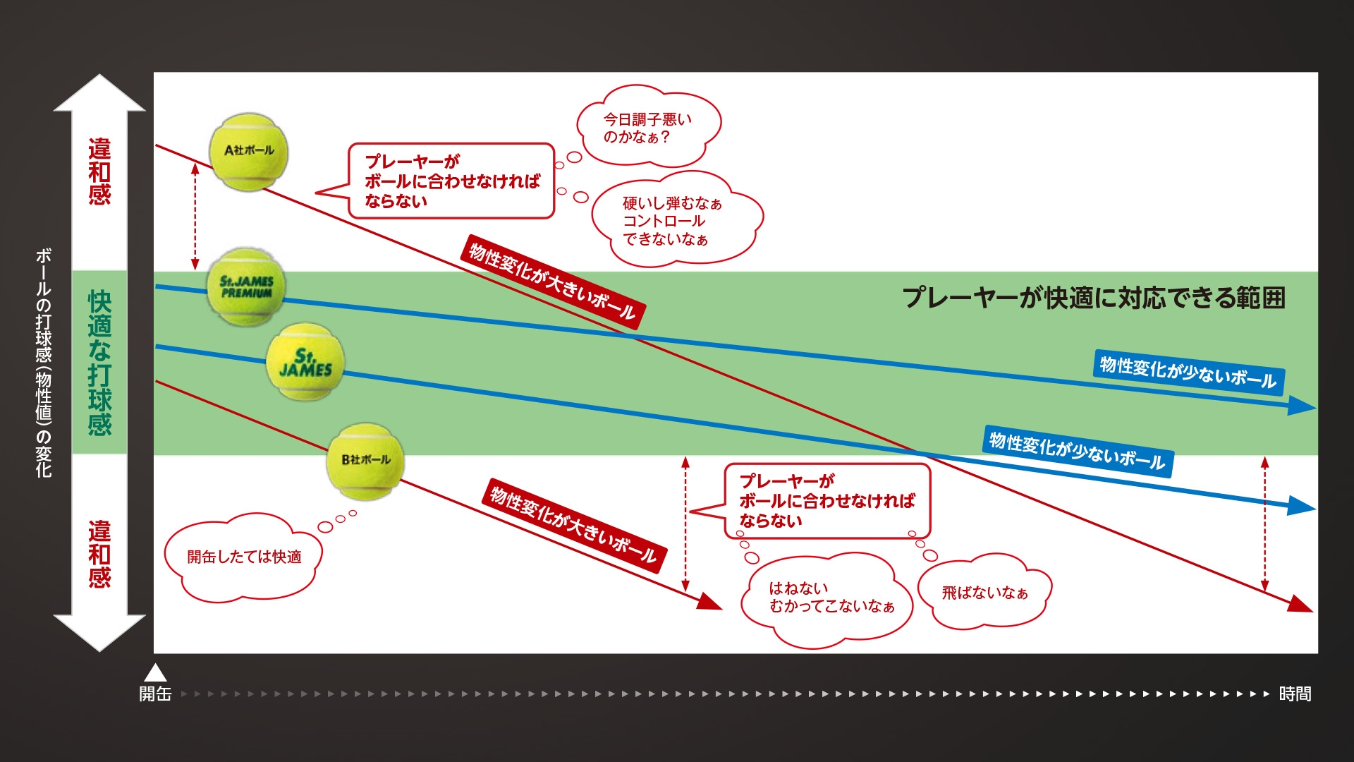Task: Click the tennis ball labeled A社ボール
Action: [248, 151]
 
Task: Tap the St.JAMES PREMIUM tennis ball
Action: [246, 286]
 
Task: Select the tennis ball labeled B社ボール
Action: [365, 461]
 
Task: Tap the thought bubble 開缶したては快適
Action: [243, 557]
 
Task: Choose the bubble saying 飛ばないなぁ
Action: [984, 593]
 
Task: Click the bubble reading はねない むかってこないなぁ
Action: [829, 598]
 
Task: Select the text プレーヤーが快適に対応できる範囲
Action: [1094, 298]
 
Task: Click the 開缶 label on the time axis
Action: [155, 694]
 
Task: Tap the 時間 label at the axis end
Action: [1295, 694]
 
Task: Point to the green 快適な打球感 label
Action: [99, 363]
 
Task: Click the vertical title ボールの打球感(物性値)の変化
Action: [44, 363]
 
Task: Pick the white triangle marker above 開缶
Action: [155, 672]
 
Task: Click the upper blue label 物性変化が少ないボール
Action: [1188, 373]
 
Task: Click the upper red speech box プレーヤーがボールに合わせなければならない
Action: [451, 181]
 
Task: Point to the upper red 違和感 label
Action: [99, 171]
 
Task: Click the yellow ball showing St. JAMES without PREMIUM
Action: [305, 363]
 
